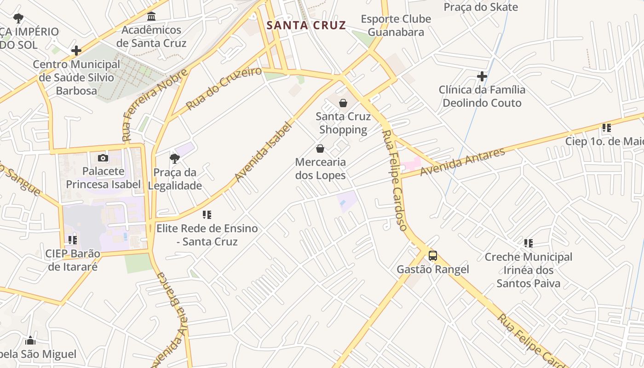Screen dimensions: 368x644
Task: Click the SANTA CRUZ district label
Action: [x=306, y=25]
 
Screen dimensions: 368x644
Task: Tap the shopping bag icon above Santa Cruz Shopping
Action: [x=343, y=103]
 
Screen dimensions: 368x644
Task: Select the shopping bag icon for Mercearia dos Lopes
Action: [x=320, y=149]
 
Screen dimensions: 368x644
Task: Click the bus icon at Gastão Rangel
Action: [x=432, y=256]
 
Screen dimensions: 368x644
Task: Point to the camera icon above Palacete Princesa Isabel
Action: [x=103, y=158]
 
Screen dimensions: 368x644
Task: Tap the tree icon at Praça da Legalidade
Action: [x=174, y=159]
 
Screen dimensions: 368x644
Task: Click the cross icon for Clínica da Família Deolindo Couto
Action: [x=482, y=76]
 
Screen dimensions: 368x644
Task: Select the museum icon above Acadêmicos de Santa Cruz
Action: [x=151, y=17]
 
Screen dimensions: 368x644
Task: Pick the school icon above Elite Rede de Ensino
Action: [x=207, y=215]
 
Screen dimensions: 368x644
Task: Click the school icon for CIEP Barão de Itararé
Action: [x=72, y=240]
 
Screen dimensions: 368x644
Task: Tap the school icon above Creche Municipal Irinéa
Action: [x=528, y=243]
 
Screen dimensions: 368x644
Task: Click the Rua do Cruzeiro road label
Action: [x=224, y=88]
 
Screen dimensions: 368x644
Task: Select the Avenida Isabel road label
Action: [x=263, y=151]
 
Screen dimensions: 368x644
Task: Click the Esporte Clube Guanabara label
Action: [x=396, y=25]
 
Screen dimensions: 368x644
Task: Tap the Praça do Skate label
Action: [x=480, y=7]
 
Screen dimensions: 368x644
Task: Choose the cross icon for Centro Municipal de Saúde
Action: [x=76, y=51]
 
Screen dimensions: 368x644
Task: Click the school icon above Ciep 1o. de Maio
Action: [x=606, y=128]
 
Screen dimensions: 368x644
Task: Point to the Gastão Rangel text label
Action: [x=432, y=270]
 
